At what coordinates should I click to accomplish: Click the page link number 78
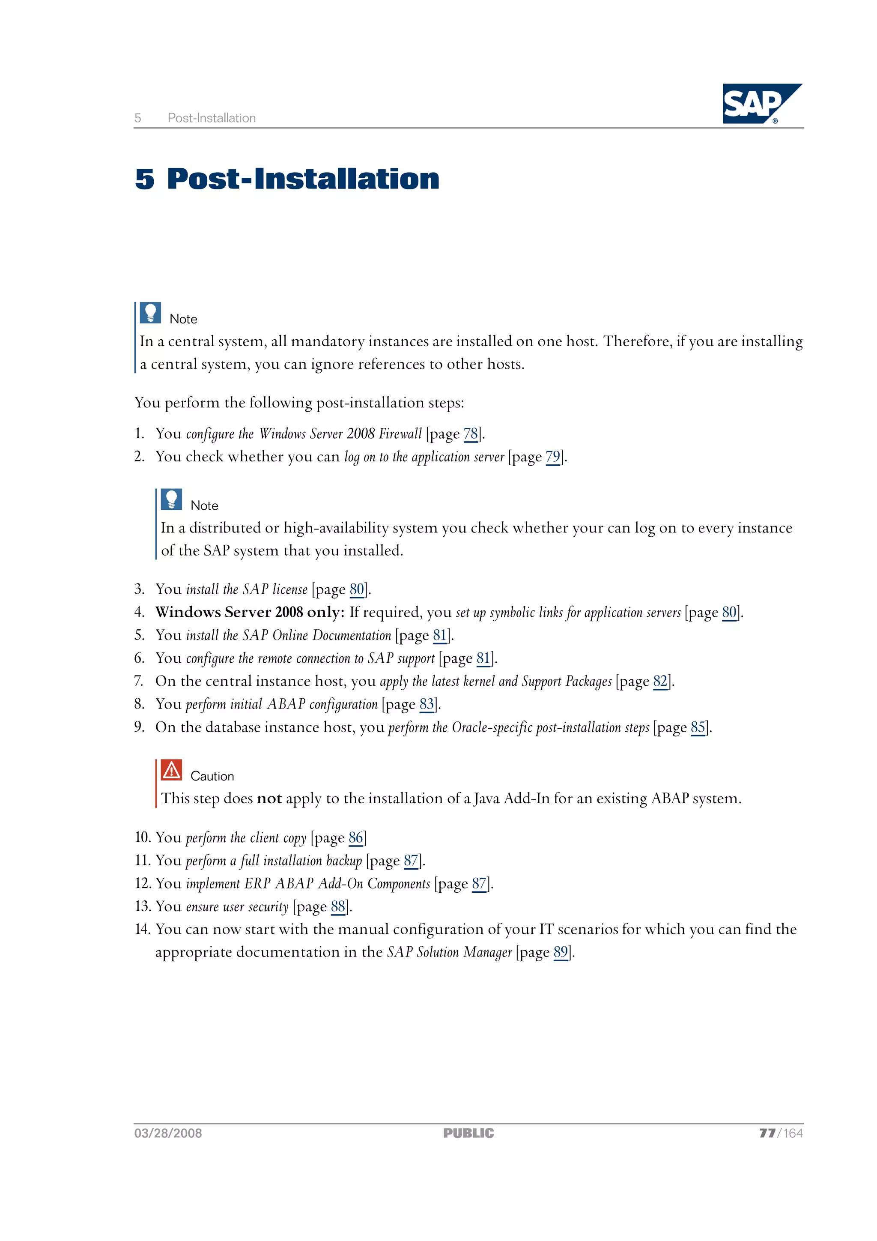tap(471, 434)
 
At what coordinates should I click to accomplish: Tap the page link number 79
tap(553, 457)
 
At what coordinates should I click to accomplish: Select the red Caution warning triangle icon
tap(171, 770)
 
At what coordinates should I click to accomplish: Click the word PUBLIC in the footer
tap(468, 1133)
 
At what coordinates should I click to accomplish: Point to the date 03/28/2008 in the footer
tap(168, 1133)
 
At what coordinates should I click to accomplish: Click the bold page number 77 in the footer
tap(767, 1133)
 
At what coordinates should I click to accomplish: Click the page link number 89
tap(561, 952)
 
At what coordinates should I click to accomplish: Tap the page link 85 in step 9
tap(698, 727)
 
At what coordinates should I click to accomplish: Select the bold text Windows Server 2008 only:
tap(250, 613)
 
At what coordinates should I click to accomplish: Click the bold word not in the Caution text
tap(268, 799)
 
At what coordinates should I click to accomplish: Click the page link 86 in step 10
tap(355, 838)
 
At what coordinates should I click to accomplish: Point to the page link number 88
tap(338, 906)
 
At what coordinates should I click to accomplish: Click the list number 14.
tap(142, 929)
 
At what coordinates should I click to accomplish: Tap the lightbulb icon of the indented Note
tap(171, 499)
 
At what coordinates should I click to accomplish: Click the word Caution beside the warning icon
tap(212, 776)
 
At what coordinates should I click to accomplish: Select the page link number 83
tap(427, 704)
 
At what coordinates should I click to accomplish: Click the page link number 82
tap(660, 682)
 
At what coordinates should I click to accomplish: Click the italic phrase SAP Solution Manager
tap(449, 952)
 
